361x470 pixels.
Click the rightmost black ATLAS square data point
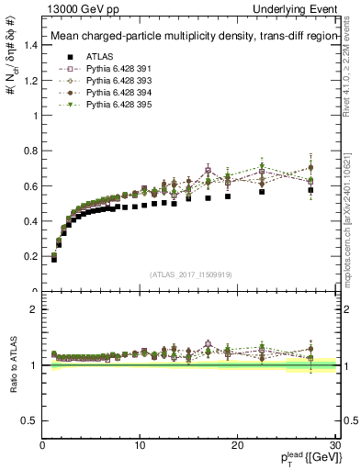(310, 190)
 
